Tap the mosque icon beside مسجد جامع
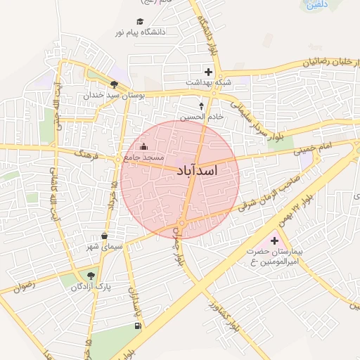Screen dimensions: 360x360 coord(144,146)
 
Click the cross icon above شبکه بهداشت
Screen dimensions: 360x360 coord(208,72)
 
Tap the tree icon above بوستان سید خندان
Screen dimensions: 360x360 coord(114,84)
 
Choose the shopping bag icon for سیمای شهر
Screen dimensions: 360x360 coord(105,236)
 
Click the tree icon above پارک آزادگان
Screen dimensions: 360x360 coord(91,275)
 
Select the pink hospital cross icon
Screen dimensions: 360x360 coord(274,240)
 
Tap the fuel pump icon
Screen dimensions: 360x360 coord(137,326)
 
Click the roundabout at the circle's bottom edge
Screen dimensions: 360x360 coord(181,224)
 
